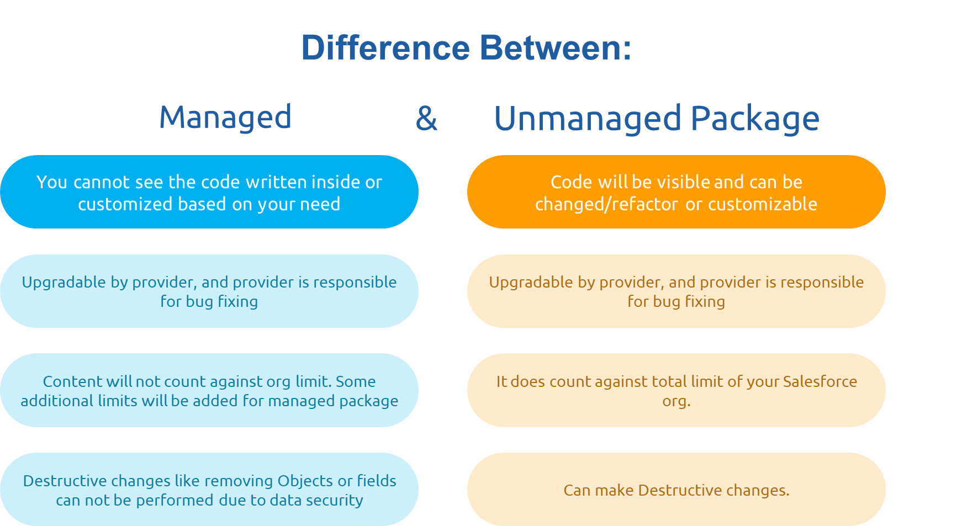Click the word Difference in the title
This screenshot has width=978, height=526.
(x=385, y=48)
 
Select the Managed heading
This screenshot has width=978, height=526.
(x=225, y=118)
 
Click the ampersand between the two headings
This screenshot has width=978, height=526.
(x=426, y=119)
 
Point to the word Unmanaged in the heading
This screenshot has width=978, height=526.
(x=588, y=119)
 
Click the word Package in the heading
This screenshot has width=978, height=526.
(x=755, y=119)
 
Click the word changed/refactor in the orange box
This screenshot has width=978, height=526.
(x=606, y=204)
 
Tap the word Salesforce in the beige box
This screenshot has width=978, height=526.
(x=820, y=381)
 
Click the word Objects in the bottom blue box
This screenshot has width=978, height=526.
(x=305, y=481)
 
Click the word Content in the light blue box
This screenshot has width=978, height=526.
(x=73, y=381)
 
